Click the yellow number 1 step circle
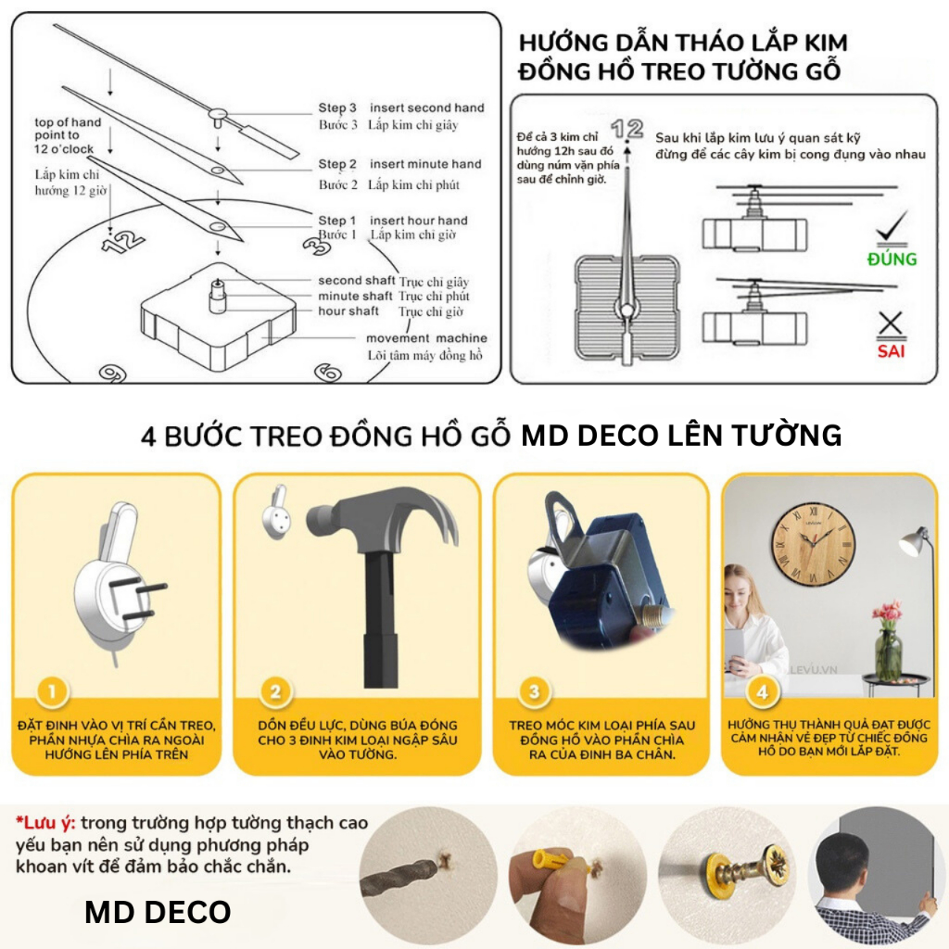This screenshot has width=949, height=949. [53, 691]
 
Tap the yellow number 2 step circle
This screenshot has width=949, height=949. [275, 691]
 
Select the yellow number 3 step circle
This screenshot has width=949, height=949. [534, 691]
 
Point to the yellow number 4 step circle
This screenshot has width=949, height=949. [762, 691]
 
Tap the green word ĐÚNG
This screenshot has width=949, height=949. [892, 259]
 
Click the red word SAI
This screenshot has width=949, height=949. [891, 351]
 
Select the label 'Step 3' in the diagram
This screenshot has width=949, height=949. [337, 108]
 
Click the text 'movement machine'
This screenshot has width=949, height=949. [426, 338]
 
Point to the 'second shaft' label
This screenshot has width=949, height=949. [356, 281]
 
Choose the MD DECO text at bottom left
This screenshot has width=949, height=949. [158, 912]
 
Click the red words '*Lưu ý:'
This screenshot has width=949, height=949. [45, 823]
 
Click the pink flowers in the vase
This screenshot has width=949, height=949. [887, 613]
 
